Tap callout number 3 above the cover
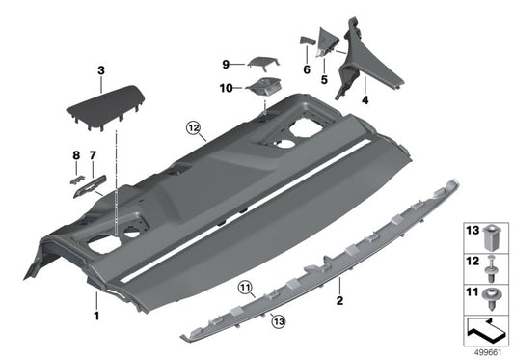pyautogui.click(x=100, y=70)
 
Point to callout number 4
pyautogui.click(x=365, y=100)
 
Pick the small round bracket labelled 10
pyautogui.click(x=261, y=89)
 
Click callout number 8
pyautogui.click(x=76, y=154)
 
